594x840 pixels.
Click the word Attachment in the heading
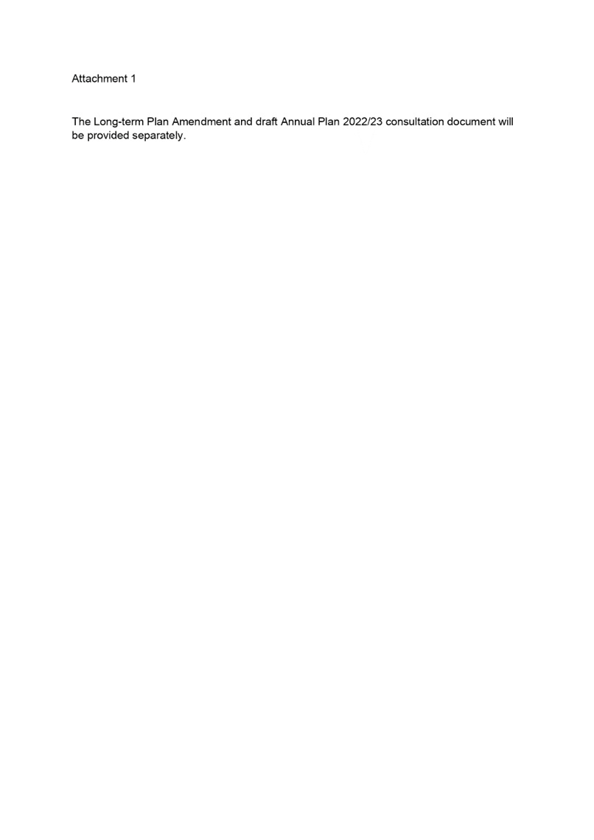[99, 79]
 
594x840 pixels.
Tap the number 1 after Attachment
[133, 79]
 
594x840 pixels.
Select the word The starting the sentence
[81, 122]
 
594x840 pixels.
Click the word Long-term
[119, 122]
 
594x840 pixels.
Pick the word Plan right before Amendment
[158, 122]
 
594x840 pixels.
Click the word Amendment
[201, 122]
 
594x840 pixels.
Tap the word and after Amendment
[243, 122]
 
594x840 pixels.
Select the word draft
[266, 122]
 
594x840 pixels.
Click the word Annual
[297, 122]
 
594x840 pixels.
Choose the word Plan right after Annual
[329, 122]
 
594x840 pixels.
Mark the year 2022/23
[363, 122]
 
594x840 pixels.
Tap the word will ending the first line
[506, 122]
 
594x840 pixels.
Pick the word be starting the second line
[77, 136]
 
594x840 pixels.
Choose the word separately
[157, 136]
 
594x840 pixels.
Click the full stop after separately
[184, 139]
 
